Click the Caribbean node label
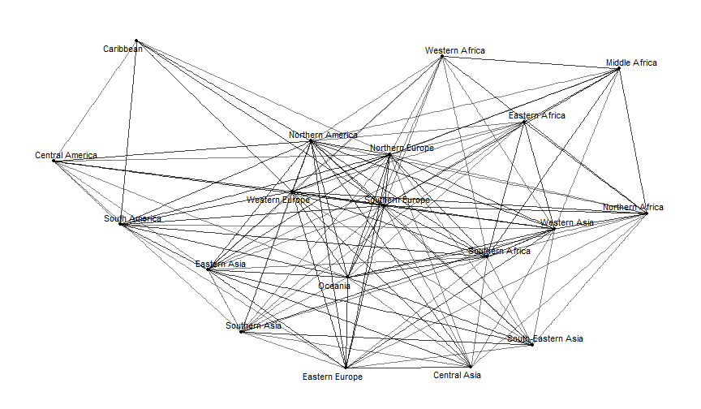tap(123, 50)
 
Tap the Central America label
tap(66, 155)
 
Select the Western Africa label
tap(455, 51)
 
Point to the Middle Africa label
tap(631, 62)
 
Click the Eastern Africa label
tap(537, 116)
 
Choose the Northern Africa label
tap(633, 208)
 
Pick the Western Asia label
tap(568, 222)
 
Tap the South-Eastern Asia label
tap(545, 338)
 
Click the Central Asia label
tap(458, 375)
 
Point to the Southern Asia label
tap(254, 326)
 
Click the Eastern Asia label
tap(221, 265)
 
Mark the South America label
tap(132, 219)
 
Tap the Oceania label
tap(334, 286)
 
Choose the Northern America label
tap(323, 135)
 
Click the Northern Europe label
tap(402, 149)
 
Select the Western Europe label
tap(278, 200)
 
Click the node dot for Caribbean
tap(136, 41)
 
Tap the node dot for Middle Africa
tap(619, 69)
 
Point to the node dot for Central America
tap(54, 161)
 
